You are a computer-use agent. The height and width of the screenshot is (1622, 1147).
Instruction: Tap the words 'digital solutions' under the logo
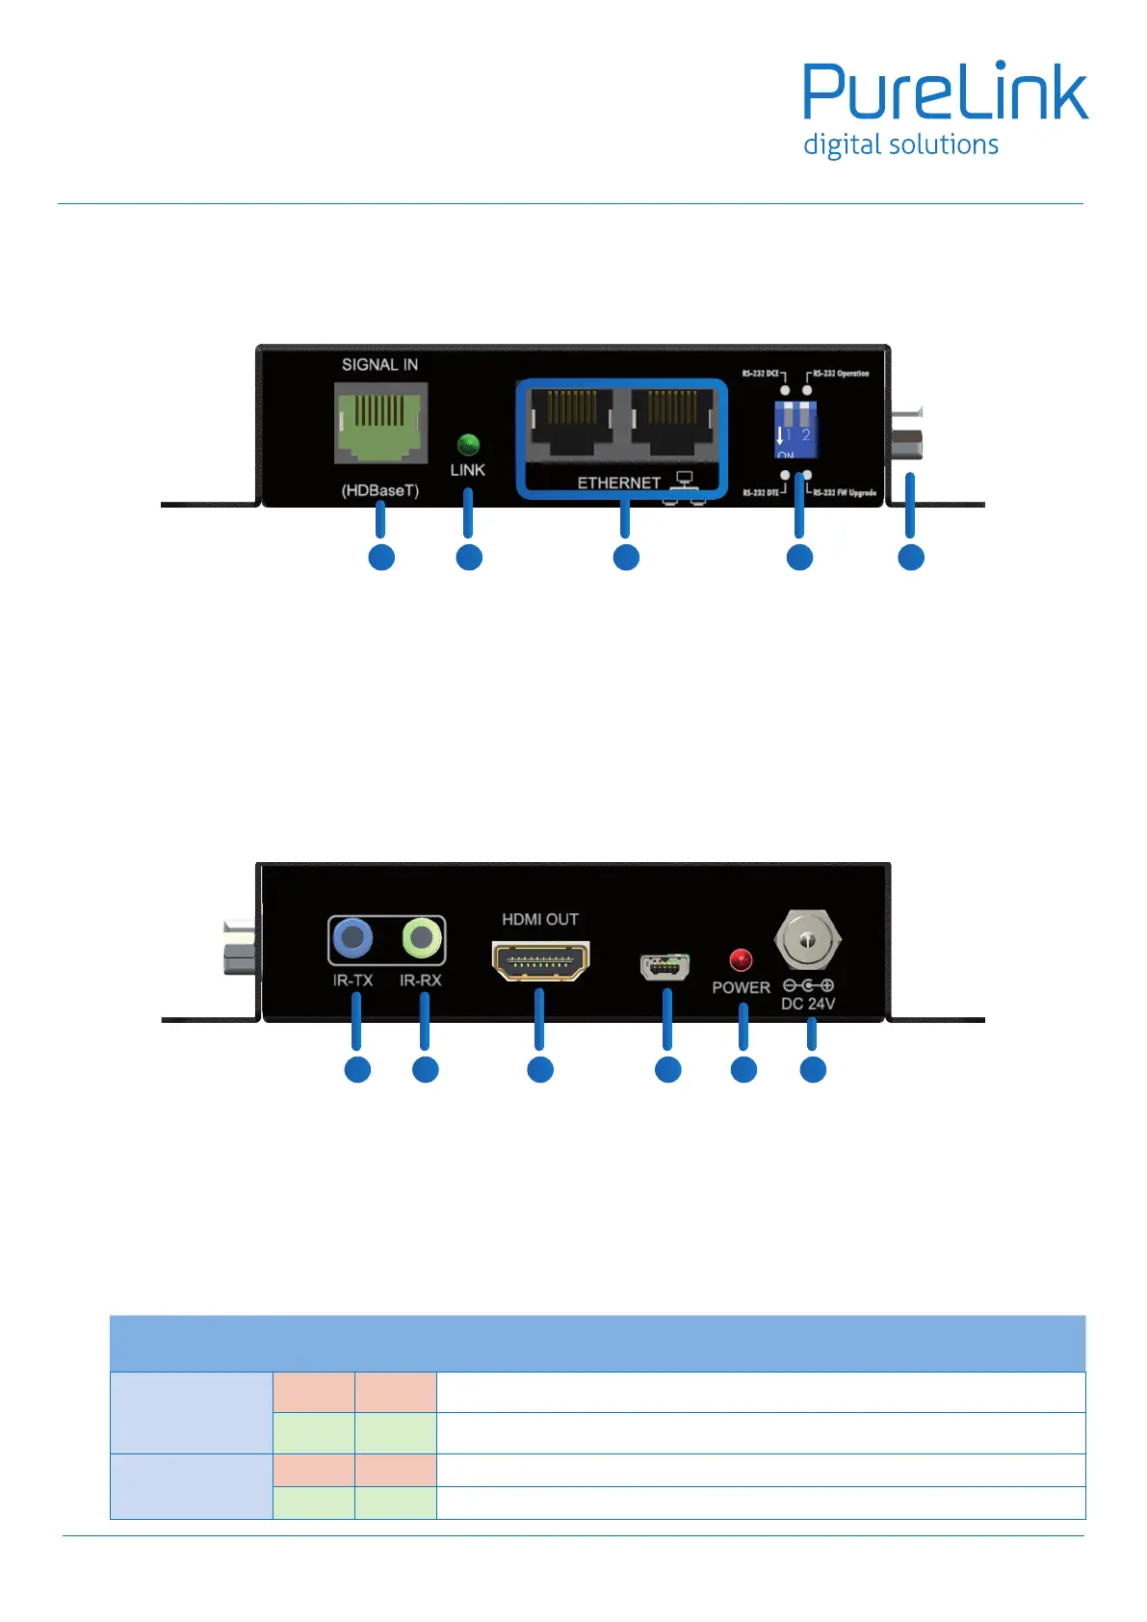coord(900,145)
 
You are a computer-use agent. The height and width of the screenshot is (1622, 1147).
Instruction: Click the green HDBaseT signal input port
coord(380,422)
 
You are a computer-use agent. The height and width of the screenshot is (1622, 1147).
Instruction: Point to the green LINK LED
coord(468,444)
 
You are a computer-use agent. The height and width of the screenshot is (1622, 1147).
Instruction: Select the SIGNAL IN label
coord(379,365)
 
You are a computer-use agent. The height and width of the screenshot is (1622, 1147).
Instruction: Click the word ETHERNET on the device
coord(618,483)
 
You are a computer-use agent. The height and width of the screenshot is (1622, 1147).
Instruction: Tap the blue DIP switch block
coord(795,430)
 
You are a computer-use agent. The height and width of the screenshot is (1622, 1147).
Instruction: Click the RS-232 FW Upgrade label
coord(845,493)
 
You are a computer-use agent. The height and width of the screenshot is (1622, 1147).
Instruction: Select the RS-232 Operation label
coord(841,374)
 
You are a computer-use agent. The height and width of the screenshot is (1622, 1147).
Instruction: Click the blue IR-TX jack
coord(352,937)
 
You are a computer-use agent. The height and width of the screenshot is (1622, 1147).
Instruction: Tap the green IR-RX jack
coord(421,937)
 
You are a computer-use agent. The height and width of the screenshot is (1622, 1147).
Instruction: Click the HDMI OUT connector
coord(540,960)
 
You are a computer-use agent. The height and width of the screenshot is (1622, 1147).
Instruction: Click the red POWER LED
coord(741,960)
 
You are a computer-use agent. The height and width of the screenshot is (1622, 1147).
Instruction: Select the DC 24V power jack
coord(808,938)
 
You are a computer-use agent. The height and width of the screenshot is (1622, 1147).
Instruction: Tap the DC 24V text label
coord(808,1004)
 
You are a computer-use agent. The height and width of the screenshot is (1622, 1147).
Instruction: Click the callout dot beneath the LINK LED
coord(469,558)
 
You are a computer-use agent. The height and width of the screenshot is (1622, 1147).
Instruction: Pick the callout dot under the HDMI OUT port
coord(540,1070)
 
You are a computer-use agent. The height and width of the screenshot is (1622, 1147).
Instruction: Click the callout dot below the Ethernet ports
coord(626,558)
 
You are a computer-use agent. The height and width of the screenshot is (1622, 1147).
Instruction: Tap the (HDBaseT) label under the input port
coord(380,490)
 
